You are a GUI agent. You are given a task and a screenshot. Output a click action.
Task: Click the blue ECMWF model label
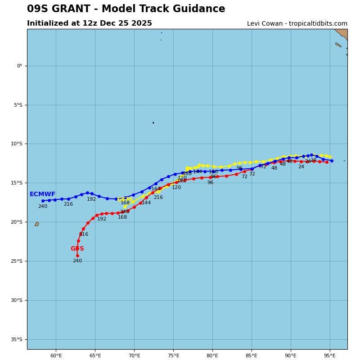click(x=42, y=194)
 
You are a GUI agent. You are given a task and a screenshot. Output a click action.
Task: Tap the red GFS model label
click(x=77, y=249)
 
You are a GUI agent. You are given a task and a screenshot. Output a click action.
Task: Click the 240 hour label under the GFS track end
click(x=77, y=261)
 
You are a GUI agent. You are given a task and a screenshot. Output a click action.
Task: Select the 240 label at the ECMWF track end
click(x=42, y=207)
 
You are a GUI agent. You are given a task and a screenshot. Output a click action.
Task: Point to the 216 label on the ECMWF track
click(x=68, y=204)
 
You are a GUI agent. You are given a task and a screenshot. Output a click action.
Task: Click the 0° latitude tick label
click(x=19, y=66)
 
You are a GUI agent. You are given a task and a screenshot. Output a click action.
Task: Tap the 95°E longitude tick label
click(x=330, y=356)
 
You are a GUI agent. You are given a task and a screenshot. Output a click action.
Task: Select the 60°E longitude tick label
click(x=56, y=356)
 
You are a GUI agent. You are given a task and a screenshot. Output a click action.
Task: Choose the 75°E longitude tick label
click(x=173, y=356)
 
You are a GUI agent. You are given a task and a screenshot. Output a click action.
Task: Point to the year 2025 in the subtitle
click(x=142, y=23)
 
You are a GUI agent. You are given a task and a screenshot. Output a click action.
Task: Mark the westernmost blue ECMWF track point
click(x=43, y=201)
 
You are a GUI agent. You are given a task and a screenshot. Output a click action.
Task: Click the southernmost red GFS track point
click(x=77, y=256)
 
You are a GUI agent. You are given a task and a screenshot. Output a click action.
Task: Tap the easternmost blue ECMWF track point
click(x=332, y=161)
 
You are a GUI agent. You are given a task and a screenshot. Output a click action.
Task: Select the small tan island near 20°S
click(x=37, y=224)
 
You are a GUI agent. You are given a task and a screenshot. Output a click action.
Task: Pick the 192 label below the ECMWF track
click(x=91, y=199)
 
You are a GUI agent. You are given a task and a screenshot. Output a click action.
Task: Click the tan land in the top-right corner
click(x=342, y=33)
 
